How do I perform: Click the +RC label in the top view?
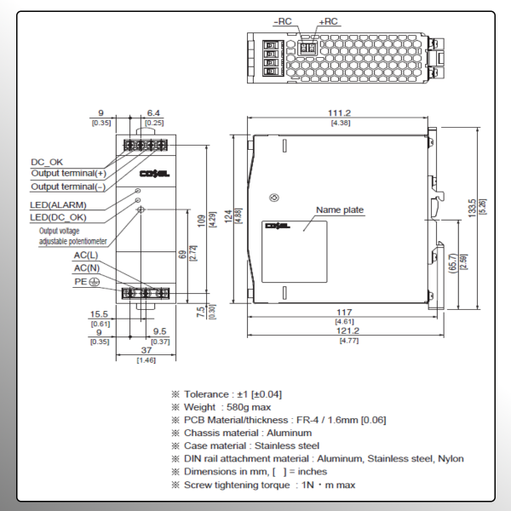point(327,21)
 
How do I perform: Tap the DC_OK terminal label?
point(47,161)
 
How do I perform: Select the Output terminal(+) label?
point(68,173)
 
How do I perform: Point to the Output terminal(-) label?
point(68,186)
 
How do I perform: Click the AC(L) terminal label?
point(85,255)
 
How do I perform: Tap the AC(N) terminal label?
point(85,267)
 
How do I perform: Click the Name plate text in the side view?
point(339,210)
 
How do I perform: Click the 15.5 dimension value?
point(100,314)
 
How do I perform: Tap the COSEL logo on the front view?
point(158,173)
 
